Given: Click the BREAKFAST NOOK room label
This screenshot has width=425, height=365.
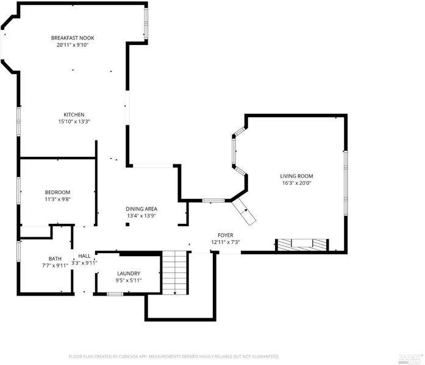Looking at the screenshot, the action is tap(73, 38).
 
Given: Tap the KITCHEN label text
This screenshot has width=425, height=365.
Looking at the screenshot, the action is tap(74, 114).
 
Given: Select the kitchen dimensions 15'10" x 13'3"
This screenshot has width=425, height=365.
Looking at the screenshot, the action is tap(74, 122).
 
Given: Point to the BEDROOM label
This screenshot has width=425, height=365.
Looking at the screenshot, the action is tap(57, 192).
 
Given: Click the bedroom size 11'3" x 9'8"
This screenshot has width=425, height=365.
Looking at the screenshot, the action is tap(57, 200).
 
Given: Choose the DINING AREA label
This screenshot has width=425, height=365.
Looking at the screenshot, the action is tap(141, 209).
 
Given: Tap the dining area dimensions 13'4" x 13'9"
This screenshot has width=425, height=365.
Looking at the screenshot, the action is tap(141, 216).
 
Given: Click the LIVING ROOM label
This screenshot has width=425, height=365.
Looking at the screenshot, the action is tap(296, 176).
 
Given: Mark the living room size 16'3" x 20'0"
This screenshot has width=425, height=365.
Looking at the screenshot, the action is tap(296, 183).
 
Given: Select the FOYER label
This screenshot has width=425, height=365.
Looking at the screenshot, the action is tap(226, 235).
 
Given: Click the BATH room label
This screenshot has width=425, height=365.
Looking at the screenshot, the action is tap(55, 259).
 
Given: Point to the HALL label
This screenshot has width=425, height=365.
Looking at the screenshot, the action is tap(84, 256).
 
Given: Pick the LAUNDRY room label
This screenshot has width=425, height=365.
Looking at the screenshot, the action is tap(129, 273).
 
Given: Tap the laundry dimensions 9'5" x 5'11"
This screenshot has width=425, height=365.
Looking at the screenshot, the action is tap(129, 280).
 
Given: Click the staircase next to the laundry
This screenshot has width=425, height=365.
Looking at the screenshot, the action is tap(175, 273).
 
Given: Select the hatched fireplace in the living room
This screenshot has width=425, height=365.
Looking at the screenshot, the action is tap(302, 245).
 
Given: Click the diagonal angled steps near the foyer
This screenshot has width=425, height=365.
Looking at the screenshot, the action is tap(244, 211).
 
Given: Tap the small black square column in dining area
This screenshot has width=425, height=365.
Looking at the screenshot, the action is tap(127, 224).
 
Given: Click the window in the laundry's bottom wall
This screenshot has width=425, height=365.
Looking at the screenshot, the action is tap(115, 294).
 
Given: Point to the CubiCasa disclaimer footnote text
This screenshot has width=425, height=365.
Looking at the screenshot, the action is tap(174, 356).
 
